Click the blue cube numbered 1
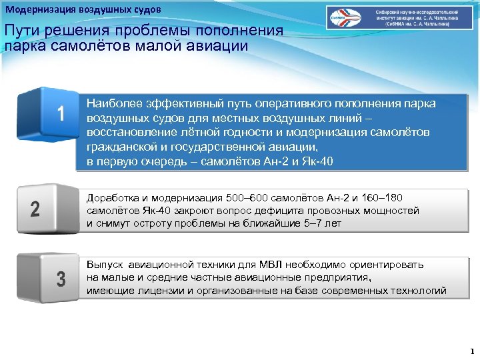[50, 117]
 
